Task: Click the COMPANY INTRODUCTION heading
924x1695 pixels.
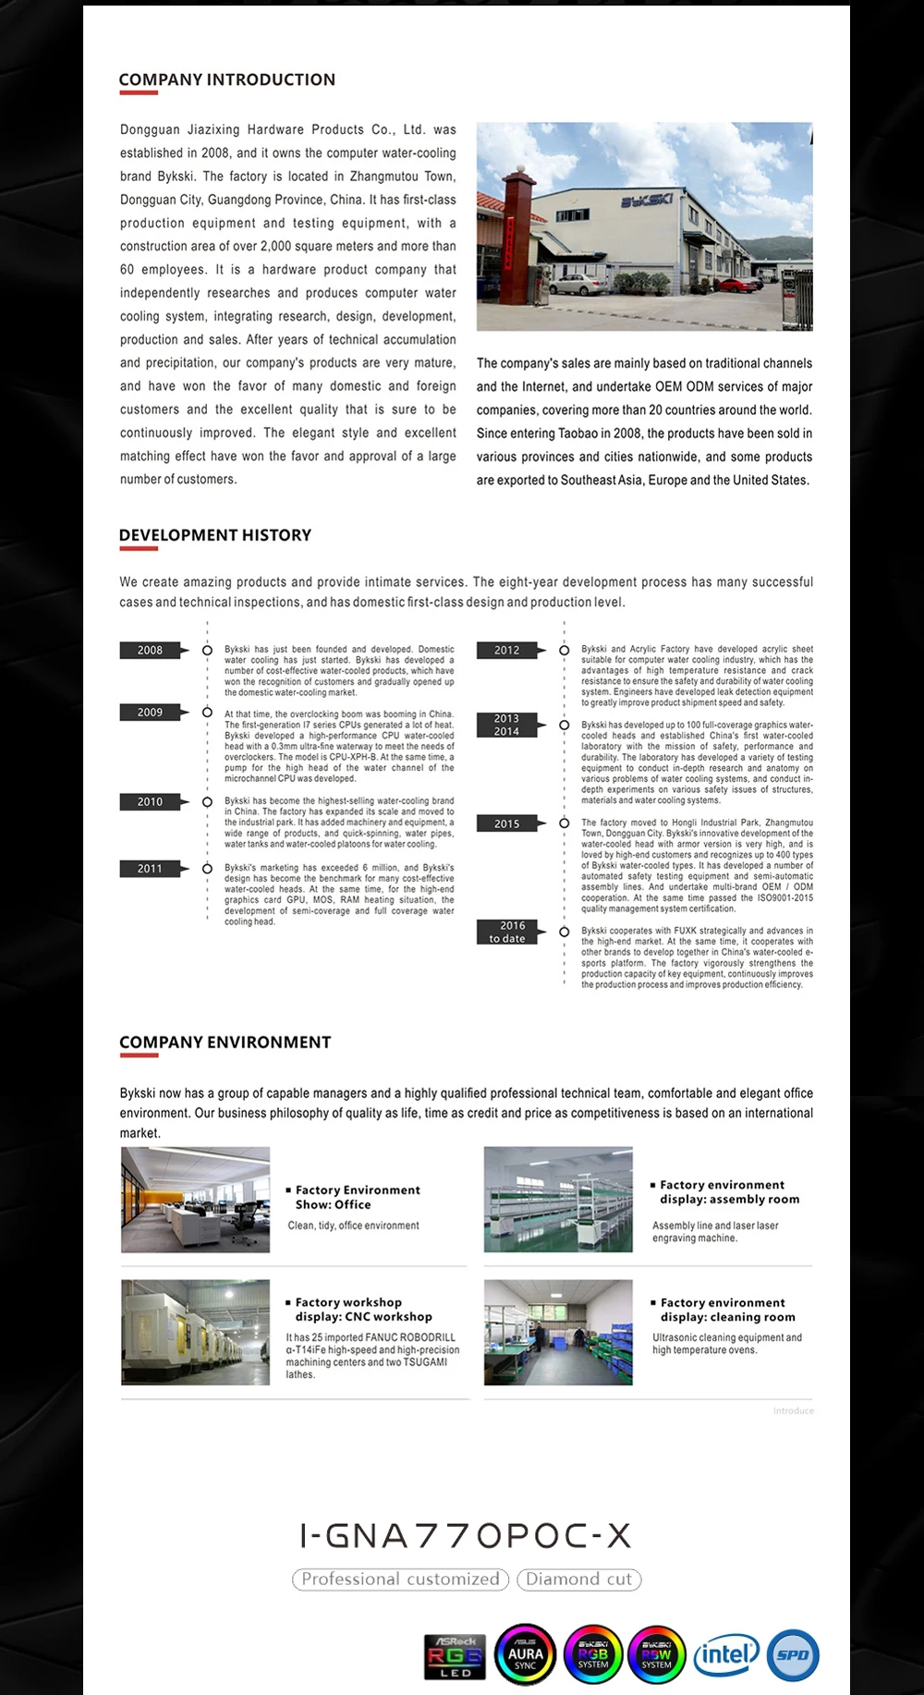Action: pyautogui.click(x=226, y=79)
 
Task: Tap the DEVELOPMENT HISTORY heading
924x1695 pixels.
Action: pyautogui.click(x=215, y=535)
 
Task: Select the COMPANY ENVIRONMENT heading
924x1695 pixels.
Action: pyautogui.click(x=225, y=1043)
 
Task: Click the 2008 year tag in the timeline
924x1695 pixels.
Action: pyautogui.click(x=150, y=651)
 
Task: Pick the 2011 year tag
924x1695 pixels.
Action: pyautogui.click(x=150, y=869)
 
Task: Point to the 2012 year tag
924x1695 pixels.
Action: pyautogui.click(x=506, y=651)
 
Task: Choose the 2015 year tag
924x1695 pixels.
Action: pyautogui.click(x=506, y=823)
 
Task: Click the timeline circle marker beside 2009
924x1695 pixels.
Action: pyautogui.click(x=207, y=713)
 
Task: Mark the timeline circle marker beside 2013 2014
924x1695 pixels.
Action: pyautogui.click(x=564, y=726)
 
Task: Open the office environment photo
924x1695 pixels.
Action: pyautogui.click(x=196, y=1200)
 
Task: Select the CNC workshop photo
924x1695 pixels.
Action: pyautogui.click(x=196, y=1332)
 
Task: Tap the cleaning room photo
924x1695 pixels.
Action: pyautogui.click(x=558, y=1332)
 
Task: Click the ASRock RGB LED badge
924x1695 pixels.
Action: pyautogui.click(x=456, y=1656)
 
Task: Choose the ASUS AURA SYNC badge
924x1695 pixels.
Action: pyautogui.click(x=525, y=1655)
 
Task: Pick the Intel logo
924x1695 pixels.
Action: pyautogui.click(x=726, y=1654)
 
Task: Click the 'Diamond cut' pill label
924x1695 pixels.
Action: pyautogui.click(x=579, y=1579)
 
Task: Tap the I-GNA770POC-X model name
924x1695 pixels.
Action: pyautogui.click(x=466, y=1536)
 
